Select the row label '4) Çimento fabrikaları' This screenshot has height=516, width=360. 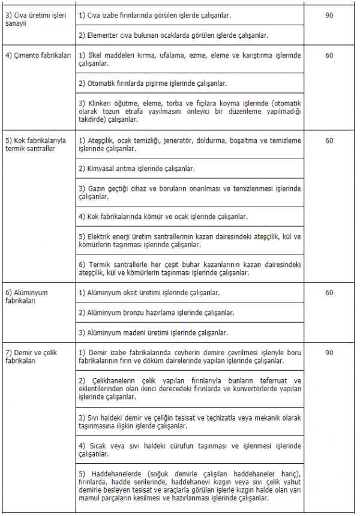[x=38, y=56]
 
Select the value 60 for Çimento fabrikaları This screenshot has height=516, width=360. [x=329, y=56]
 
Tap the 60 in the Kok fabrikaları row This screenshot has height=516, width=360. [x=329, y=140]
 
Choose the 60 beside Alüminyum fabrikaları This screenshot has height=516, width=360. [x=329, y=293]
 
